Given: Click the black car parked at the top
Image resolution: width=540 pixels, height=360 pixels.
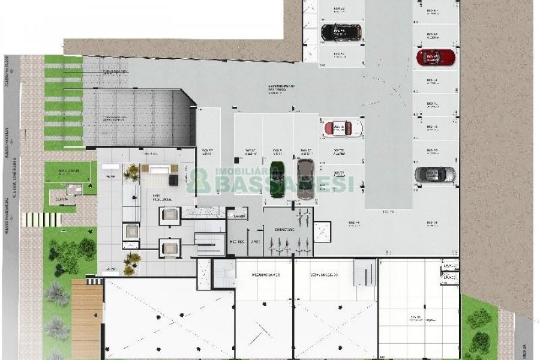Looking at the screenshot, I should click(x=341, y=31).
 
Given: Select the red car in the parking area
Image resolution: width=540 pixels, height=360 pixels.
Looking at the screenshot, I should click(x=436, y=58).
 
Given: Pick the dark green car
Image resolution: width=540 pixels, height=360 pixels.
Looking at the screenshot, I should click(x=277, y=179).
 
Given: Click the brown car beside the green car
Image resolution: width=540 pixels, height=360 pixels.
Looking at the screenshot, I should click(x=305, y=177).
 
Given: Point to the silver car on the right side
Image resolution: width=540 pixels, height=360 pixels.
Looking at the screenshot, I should click(x=435, y=175).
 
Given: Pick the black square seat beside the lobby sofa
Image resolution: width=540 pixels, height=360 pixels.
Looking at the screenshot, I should click(x=173, y=180).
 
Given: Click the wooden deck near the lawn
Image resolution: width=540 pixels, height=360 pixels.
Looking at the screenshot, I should click(x=87, y=318).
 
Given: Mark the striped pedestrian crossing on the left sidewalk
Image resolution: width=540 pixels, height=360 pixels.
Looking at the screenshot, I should click(x=42, y=219).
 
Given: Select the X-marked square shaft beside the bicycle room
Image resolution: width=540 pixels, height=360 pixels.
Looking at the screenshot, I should click(x=322, y=231).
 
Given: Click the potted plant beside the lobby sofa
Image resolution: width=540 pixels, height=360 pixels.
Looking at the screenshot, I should click(x=131, y=173).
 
